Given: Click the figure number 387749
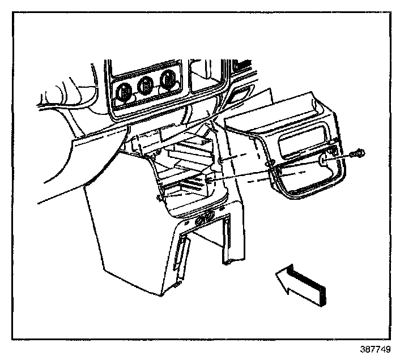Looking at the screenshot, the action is (x=375, y=350).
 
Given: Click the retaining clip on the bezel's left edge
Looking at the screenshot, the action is (x=271, y=166).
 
